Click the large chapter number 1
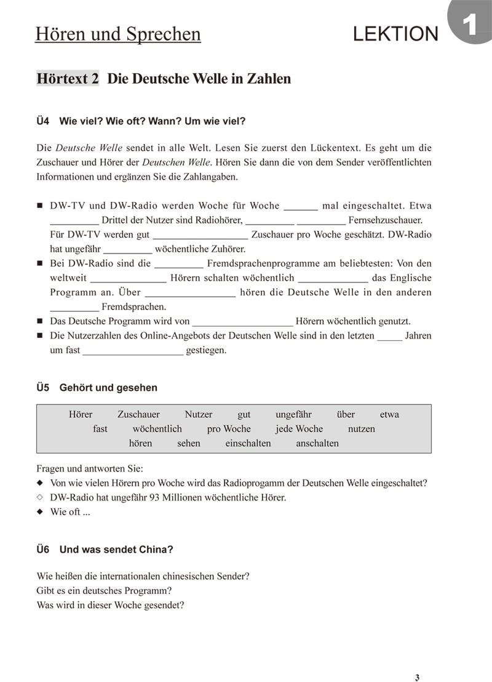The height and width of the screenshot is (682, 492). point(469,26)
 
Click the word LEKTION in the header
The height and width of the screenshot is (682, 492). point(395,34)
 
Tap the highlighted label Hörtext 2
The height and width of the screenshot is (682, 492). point(68,79)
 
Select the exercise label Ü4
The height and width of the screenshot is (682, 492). point(43,121)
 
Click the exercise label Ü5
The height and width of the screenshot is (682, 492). point(43,388)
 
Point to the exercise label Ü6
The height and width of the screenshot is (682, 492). point(43,549)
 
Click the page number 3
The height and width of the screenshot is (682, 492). point(417,661)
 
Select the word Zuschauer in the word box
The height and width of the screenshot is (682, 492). point(138,414)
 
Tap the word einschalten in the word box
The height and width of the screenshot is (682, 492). point(248,443)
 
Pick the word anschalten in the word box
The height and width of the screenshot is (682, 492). point(317,443)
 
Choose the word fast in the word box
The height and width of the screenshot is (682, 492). point(100,429)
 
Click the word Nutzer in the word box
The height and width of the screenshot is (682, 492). point(199,414)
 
